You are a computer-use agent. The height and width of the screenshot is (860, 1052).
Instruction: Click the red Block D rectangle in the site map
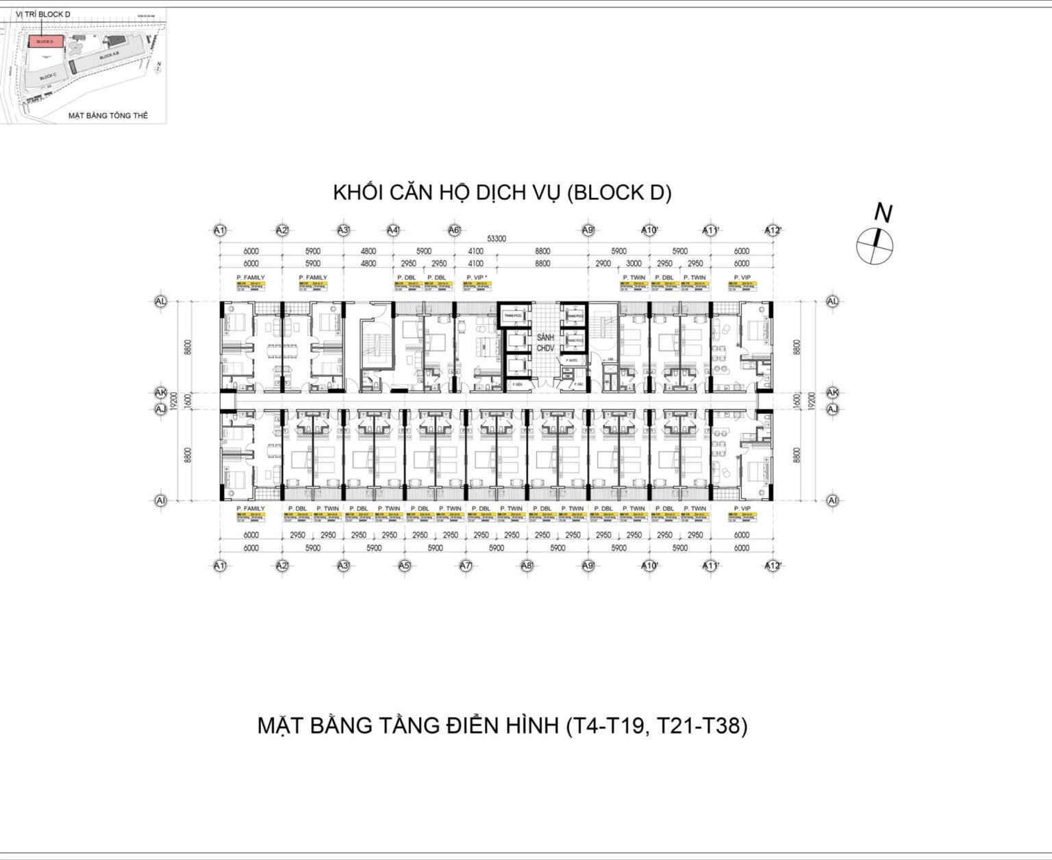pos(45,42)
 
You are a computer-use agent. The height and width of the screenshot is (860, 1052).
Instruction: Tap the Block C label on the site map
pos(48,76)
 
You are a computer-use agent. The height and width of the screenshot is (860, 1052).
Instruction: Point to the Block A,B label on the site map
pos(109,57)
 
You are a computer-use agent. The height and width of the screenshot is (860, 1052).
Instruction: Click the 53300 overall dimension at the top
pos(497,239)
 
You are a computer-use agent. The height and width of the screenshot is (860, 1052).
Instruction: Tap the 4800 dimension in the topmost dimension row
pos(368,251)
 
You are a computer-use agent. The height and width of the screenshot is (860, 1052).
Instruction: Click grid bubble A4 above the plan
pos(393,230)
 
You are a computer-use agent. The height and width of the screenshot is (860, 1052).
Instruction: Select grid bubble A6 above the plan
pos(454,230)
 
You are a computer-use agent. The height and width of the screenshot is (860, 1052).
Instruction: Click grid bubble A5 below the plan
pos(404,566)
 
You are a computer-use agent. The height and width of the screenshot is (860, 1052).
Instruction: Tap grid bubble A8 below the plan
pos(527,566)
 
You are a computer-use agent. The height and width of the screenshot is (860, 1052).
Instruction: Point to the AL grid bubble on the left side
pos(161,301)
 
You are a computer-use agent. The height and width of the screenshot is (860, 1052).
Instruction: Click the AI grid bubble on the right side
pos(833,501)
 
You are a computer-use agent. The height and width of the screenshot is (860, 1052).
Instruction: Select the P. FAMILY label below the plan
pos(250,509)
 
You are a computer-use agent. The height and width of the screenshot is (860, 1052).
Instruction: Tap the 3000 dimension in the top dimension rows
pos(634,263)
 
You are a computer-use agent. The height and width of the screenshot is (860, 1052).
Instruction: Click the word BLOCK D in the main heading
pos(619,193)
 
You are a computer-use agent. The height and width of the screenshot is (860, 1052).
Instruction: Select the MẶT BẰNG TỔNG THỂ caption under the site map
pos(108,116)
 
